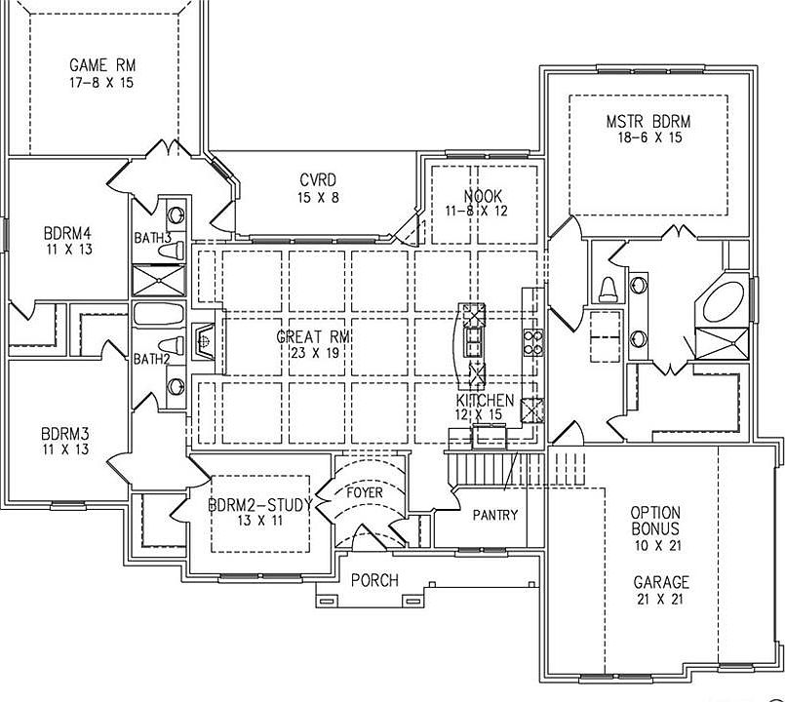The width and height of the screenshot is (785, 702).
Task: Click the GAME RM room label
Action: click(102, 65)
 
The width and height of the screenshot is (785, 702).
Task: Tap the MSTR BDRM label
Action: click(648, 121)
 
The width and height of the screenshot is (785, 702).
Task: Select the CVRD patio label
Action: click(318, 180)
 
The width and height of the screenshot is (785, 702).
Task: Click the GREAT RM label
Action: click(313, 336)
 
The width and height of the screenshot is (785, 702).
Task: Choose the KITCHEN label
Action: click(485, 401)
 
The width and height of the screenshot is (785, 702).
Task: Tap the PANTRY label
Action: click(494, 515)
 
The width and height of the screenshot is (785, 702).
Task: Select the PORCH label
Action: click(374, 580)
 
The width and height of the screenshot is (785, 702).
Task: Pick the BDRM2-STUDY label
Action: click(259, 505)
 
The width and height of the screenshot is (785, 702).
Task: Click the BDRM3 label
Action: click(65, 433)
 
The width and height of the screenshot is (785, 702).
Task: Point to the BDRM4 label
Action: click(67, 233)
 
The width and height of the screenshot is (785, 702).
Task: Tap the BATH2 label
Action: click(152, 359)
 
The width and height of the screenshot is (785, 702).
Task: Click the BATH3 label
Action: click(153, 237)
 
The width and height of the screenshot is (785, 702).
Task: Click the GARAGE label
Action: click(660, 582)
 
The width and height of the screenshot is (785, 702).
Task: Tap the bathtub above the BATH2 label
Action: click(158, 316)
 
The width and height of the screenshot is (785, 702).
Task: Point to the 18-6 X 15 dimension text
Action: click(648, 138)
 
